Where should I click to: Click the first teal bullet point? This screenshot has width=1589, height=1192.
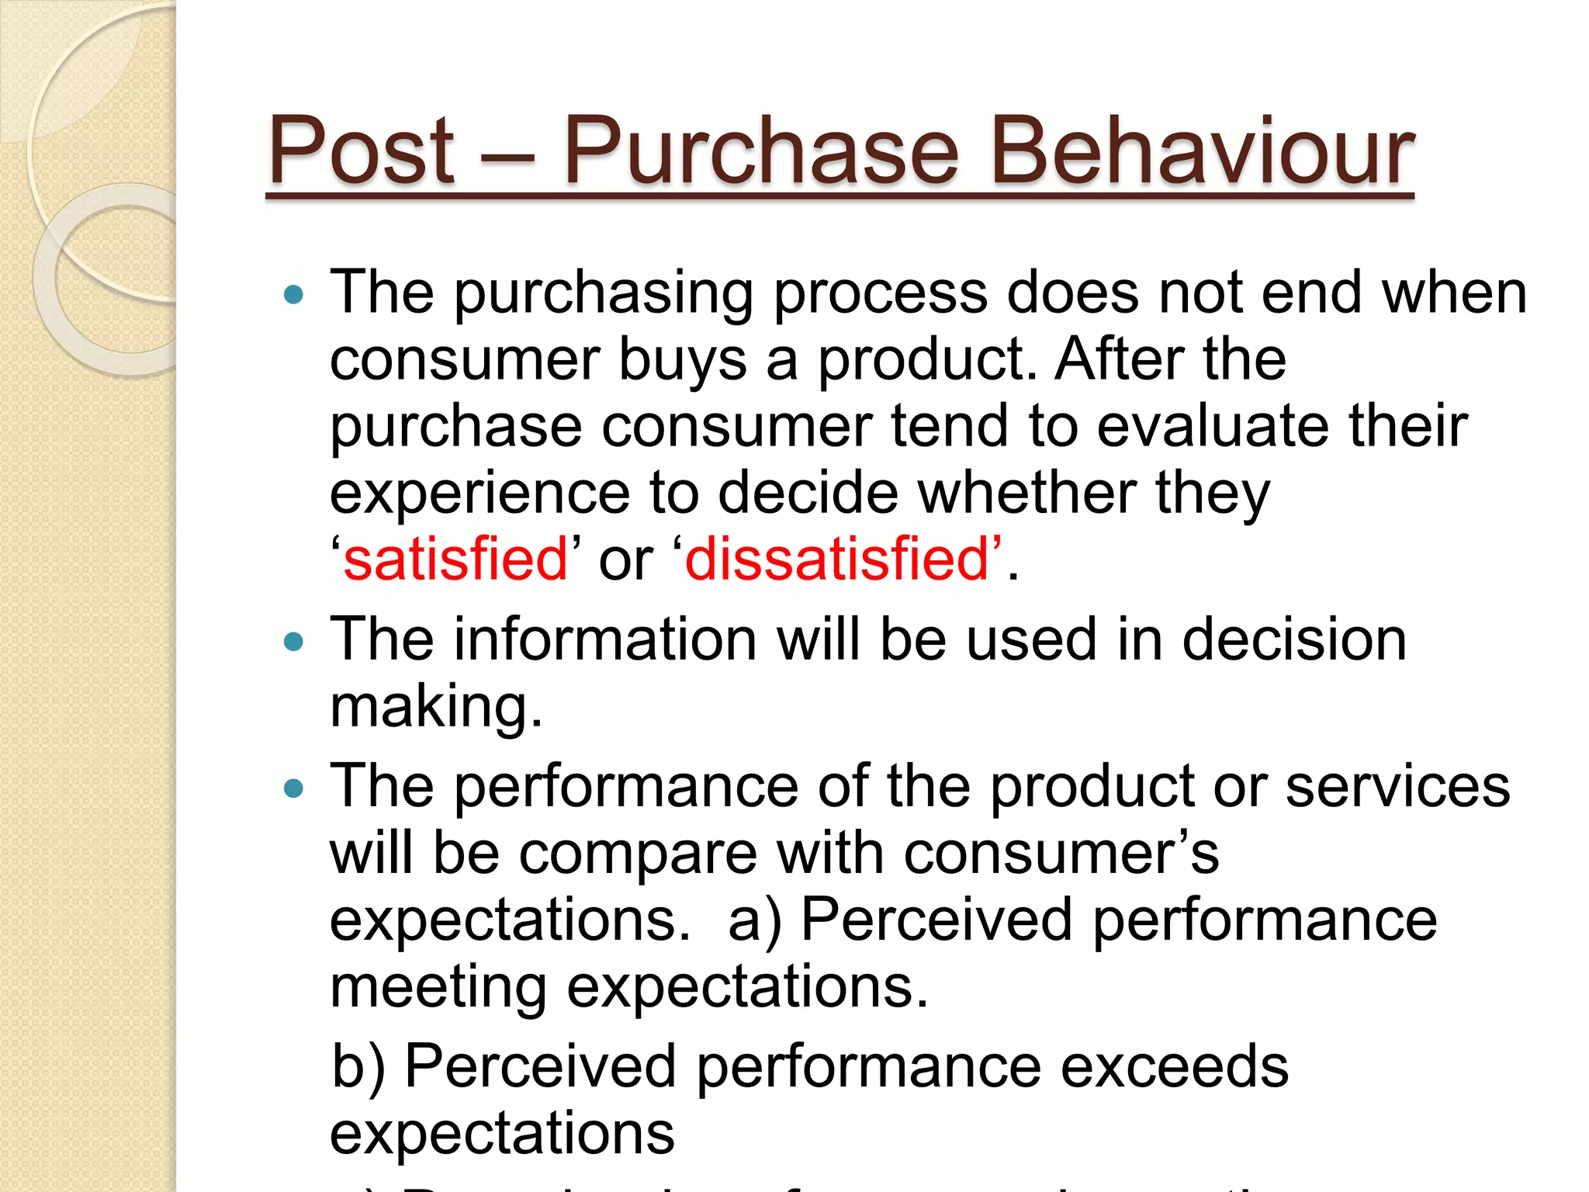point(293,295)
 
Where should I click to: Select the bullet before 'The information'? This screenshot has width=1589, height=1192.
point(293,642)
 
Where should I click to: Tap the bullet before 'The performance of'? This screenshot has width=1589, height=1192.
point(293,789)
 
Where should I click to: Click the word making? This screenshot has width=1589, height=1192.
point(434,708)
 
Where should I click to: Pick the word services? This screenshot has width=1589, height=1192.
point(1397,787)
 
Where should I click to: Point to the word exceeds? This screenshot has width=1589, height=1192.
point(1174,1066)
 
